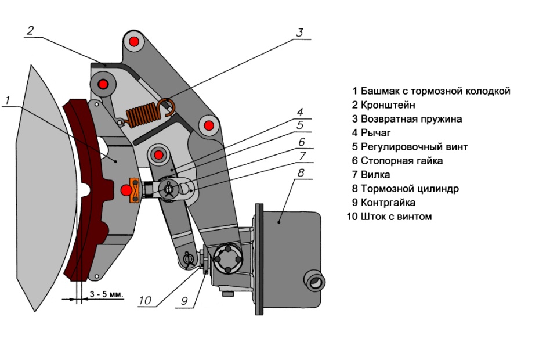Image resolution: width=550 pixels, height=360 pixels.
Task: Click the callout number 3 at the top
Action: [299, 33]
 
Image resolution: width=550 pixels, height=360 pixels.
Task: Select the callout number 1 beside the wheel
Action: [8, 100]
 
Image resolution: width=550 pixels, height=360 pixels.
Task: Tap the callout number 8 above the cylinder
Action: [301, 172]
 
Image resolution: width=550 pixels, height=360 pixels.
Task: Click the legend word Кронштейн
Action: [388, 105]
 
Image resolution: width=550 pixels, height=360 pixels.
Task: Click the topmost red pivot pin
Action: [134, 41]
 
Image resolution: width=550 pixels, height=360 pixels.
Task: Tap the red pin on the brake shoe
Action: [125, 190]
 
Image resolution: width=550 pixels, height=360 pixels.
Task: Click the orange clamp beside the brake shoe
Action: [135, 191]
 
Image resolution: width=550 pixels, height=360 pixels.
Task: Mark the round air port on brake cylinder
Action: [316, 283]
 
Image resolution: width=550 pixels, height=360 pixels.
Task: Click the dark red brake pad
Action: [78, 192]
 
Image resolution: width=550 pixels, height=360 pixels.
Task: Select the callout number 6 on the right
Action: [301, 142]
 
